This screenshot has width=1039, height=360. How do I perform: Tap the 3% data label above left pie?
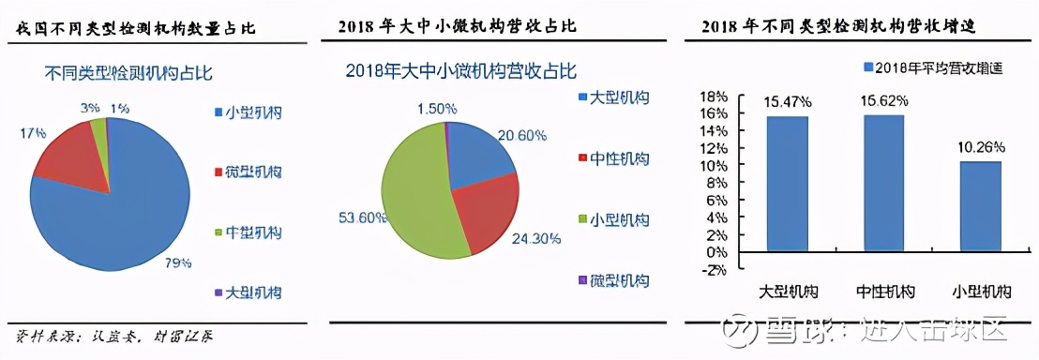pos(90,109)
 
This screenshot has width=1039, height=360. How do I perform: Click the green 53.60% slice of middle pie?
pos(418,202)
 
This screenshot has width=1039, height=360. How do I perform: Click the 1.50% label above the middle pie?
pos(436,110)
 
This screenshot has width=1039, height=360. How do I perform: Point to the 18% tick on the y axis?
pos(715,96)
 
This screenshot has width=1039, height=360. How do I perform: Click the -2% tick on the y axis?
pos(715,270)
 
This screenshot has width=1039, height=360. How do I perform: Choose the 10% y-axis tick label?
pos(715,165)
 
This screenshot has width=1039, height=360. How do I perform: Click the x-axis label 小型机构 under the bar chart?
pos(981,292)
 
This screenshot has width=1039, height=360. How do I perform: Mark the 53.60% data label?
pos(361,217)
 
